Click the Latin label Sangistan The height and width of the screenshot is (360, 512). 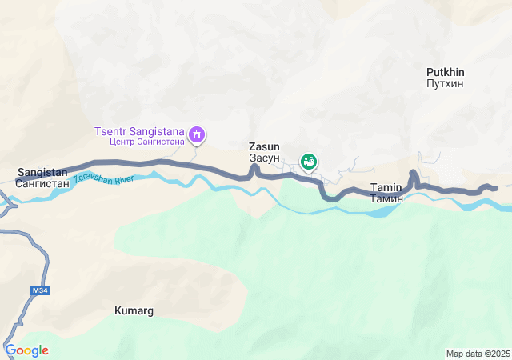click(x=42, y=172)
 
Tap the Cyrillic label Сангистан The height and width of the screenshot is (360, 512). click(x=42, y=183)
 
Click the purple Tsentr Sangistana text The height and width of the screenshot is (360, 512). click(x=139, y=131)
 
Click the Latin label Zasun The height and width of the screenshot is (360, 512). click(x=264, y=147)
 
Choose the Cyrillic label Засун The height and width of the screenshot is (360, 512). click(x=264, y=158)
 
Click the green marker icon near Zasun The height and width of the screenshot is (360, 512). click(x=308, y=162)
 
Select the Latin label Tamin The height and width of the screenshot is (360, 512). click(x=386, y=187)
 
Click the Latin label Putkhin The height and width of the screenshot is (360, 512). click(x=445, y=72)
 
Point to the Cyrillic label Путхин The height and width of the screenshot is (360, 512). click(x=445, y=83)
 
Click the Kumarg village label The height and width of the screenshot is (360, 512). click(x=134, y=310)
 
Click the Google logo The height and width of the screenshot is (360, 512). click(x=26, y=350)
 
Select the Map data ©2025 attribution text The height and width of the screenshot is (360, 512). click(x=478, y=354)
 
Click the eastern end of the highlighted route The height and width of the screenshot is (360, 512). click(x=494, y=188)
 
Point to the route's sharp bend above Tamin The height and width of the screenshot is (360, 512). click(x=413, y=174)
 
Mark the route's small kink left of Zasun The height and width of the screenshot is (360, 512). click(x=254, y=169)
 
